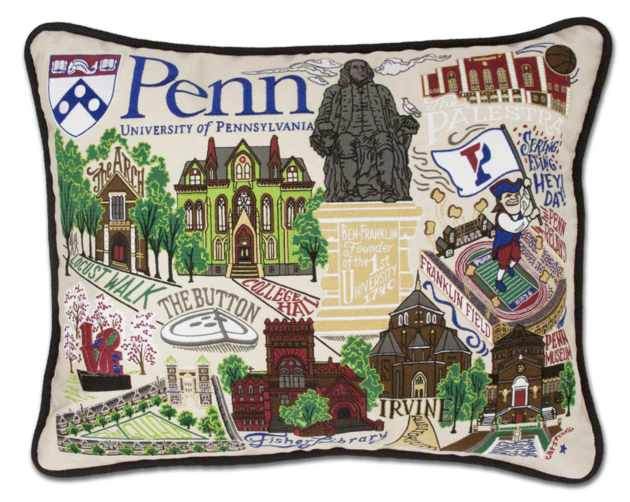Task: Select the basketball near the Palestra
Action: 560,60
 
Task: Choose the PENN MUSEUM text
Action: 558,348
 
